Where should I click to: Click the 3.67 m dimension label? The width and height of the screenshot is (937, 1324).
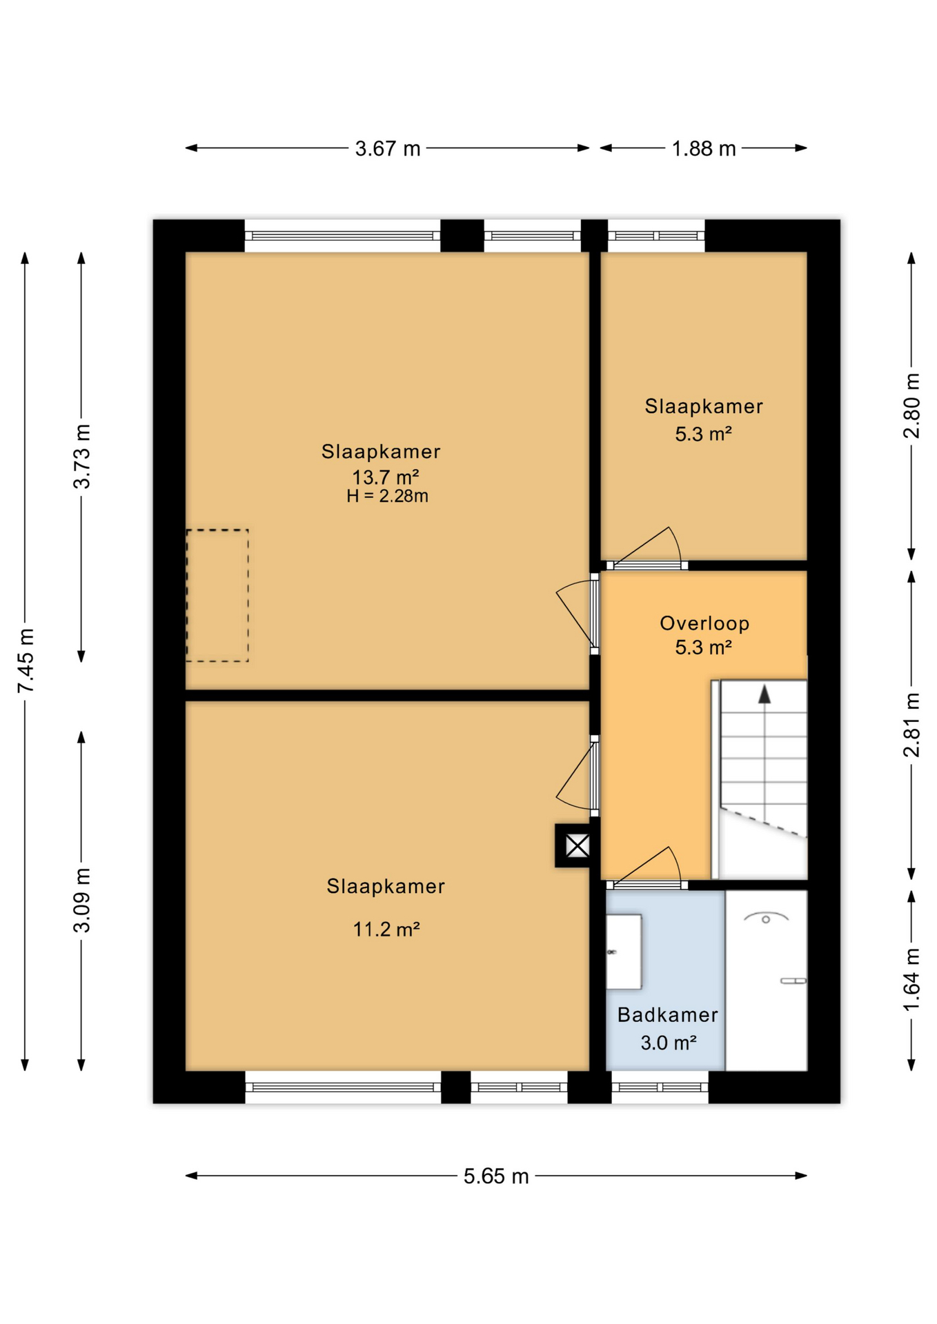click(x=387, y=148)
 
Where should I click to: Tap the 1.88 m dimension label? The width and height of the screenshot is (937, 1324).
click(x=703, y=148)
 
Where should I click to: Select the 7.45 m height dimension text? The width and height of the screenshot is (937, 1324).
click(x=26, y=661)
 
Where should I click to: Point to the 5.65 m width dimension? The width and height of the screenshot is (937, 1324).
click(x=495, y=1176)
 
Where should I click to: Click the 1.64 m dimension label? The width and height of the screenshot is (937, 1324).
click(x=911, y=980)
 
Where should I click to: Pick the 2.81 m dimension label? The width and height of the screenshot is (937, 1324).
click(x=911, y=725)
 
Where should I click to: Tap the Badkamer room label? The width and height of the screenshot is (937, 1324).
click(x=667, y=1014)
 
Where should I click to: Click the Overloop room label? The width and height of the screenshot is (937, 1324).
click(x=704, y=623)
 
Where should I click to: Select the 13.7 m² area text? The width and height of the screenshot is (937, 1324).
click(x=386, y=477)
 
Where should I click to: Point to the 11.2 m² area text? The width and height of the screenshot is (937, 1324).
click(x=386, y=929)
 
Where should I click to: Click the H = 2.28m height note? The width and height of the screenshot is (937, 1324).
click(x=387, y=496)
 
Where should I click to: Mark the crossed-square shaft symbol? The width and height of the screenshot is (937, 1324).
click(x=578, y=845)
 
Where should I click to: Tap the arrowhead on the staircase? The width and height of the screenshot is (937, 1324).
click(x=764, y=694)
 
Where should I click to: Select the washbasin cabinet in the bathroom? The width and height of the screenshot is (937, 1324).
click(x=624, y=952)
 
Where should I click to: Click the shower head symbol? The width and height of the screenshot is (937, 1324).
click(x=765, y=918)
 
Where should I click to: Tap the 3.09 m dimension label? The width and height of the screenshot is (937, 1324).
click(x=82, y=901)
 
